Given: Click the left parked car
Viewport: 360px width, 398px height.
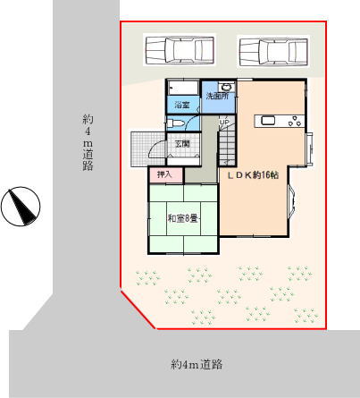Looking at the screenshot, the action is pos(180,50).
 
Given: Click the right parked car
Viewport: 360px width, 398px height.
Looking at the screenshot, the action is pos(273,51).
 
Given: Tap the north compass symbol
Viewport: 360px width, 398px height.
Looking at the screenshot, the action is pos(21,207).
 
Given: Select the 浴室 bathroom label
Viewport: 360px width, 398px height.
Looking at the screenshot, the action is pos(182,105).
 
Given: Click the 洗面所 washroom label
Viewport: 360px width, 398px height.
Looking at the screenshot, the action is pos(218,97).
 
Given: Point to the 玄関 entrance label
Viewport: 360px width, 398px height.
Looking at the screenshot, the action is pos(182,144).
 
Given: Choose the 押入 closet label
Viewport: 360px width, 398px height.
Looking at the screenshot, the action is pos(164,175).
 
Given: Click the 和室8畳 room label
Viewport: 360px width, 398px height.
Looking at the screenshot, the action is pos(183,219).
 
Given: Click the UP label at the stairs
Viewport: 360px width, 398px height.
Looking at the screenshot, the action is pos(224,122).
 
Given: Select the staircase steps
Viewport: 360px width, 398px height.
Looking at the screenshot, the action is pos(228,148).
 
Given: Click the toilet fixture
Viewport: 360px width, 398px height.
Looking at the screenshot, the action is pos(176,123).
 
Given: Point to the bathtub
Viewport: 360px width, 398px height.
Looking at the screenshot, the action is pos(183,88).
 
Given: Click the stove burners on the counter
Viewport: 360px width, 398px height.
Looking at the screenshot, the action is pos(295,122).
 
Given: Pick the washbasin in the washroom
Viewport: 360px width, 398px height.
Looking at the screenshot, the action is pos(226,88).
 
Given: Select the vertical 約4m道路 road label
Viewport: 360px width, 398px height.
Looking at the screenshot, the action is pos(88,142).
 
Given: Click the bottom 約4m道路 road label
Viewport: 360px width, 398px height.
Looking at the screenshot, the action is pos(197,364).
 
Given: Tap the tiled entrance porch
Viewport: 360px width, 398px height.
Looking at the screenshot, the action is pos(148,149).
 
